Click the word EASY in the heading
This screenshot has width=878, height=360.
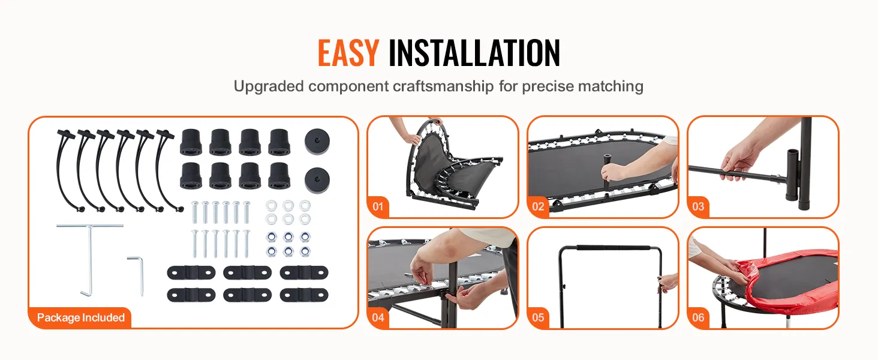(x=348, y=53)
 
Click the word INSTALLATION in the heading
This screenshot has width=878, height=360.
(x=474, y=53)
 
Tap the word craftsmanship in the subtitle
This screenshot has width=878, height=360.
(x=443, y=86)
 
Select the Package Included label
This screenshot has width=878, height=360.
(x=81, y=317)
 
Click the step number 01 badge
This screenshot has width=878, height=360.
(x=378, y=206)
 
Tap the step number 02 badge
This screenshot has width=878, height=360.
(x=538, y=206)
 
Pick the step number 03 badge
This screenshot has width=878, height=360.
(x=698, y=206)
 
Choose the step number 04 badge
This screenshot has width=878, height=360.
(x=378, y=317)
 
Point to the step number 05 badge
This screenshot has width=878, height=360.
(x=538, y=317)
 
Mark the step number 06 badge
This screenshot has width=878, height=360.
(x=698, y=317)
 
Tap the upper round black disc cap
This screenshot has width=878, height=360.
(x=317, y=141)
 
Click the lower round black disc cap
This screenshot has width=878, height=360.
(x=317, y=181)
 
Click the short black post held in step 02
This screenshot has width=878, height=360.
(x=607, y=170)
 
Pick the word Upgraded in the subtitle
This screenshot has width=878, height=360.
(x=269, y=86)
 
